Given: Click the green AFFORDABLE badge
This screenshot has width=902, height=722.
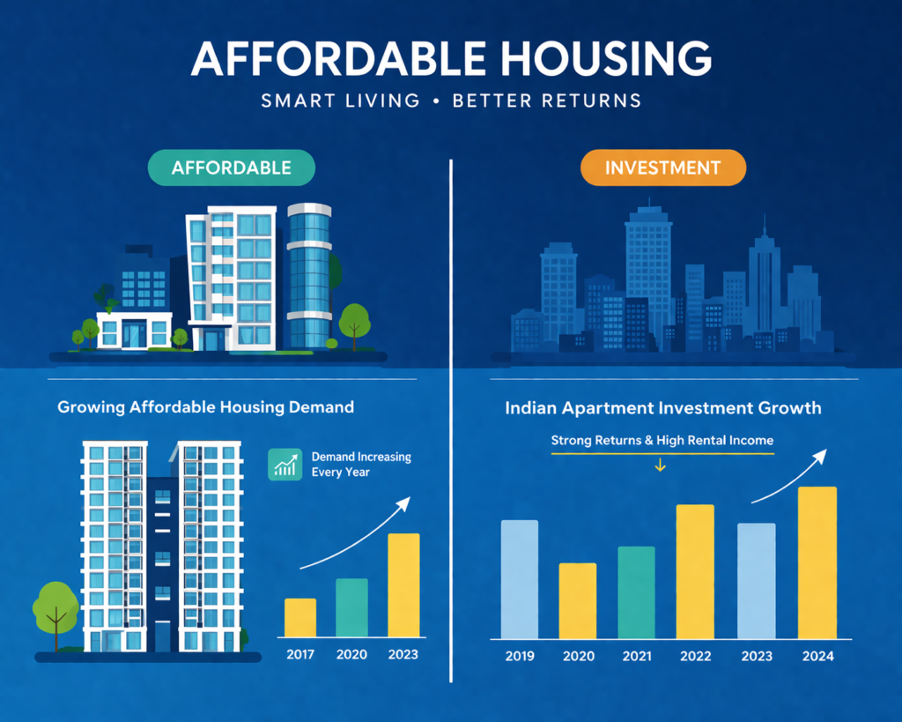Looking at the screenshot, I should point(232,167).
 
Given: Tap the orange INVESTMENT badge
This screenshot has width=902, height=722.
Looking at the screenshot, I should point(663,167).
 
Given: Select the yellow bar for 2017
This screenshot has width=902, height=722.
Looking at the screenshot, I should point(299,617).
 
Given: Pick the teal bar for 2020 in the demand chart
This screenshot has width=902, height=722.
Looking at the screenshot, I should point(351,607).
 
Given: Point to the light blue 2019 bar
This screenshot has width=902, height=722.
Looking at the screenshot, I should point(519,579).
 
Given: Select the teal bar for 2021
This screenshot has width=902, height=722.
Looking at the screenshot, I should point(636,592).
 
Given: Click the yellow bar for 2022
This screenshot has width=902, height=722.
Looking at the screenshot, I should point(695,571).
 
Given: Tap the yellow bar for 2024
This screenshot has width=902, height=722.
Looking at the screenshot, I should point(817,562).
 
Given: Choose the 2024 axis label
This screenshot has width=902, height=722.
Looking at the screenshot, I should point(817,656).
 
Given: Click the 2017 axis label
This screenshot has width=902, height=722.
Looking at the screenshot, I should point(299,654).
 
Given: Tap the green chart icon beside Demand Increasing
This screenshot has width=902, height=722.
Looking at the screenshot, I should point(284,465).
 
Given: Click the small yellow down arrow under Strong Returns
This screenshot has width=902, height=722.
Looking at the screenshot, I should point(660,466).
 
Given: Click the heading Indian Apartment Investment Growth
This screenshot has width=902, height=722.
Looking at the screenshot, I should point(662,408).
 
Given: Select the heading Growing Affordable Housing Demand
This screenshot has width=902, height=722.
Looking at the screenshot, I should point(205,407).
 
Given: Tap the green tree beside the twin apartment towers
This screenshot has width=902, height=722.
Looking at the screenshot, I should point(55,607).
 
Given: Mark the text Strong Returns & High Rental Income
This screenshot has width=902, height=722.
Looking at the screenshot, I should point(662,439).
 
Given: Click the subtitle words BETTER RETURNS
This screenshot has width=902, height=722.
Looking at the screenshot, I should point(546,100).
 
